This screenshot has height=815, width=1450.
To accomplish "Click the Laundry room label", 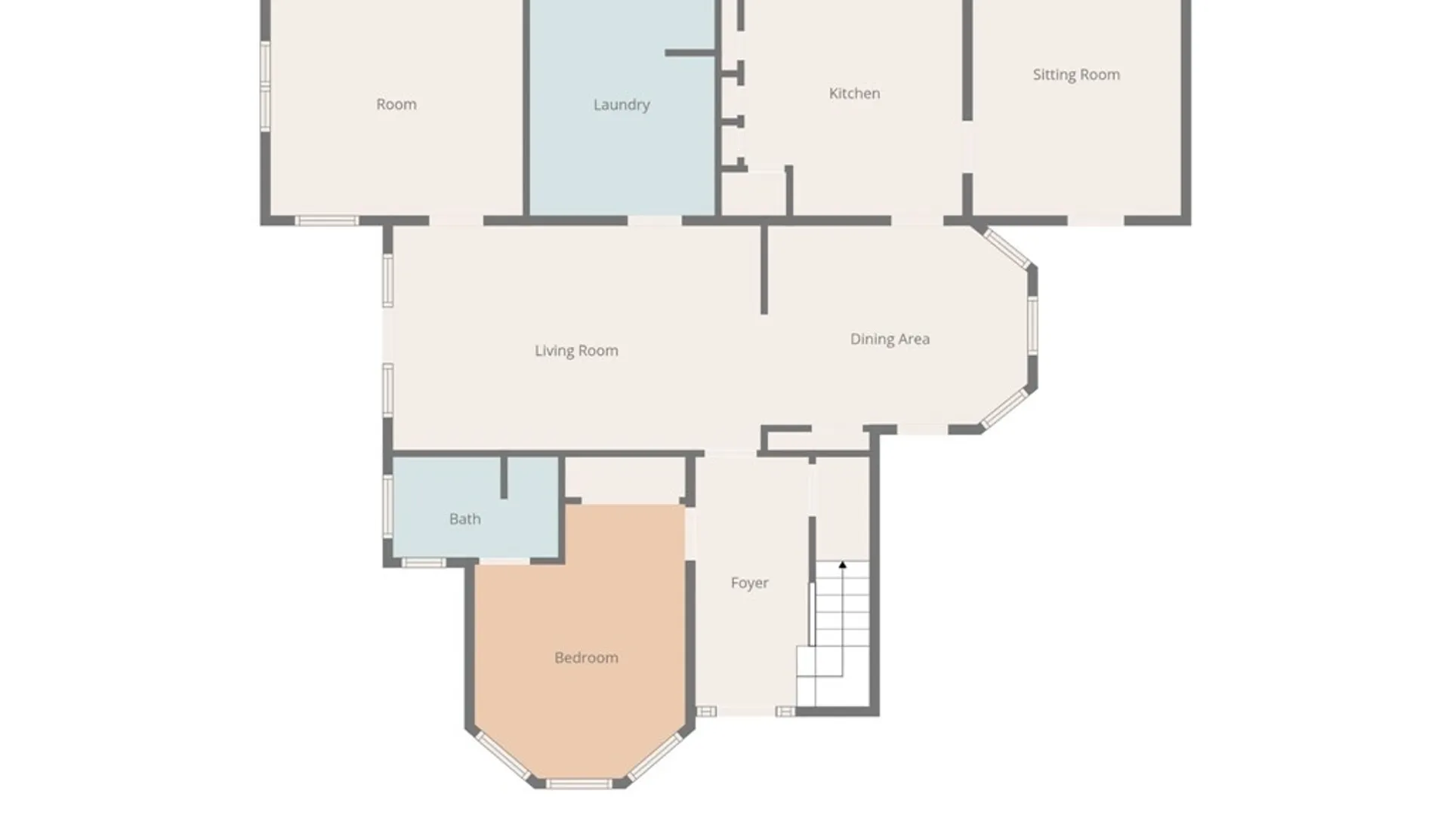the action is click(622, 105).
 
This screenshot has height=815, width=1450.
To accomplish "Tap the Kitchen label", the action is click(854, 94).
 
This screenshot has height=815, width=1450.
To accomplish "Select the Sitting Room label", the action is click(1076, 75).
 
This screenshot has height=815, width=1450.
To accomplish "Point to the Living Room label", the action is click(576, 351).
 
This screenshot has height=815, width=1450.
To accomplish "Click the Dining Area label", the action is click(890, 340).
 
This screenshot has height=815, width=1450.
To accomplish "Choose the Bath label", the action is click(464, 519).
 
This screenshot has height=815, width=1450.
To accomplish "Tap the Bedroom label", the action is click(586, 658).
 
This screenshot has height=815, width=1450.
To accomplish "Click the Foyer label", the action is click(749, 583).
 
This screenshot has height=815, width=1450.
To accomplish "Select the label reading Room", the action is click(396, 105).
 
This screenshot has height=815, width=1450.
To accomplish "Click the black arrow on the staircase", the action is click(842, 564).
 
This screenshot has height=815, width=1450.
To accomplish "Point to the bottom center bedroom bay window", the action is click(578, 784).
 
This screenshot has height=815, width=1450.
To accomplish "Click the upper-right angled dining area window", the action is click(1007, 248).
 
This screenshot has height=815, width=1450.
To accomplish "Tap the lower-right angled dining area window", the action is click(1004, 409).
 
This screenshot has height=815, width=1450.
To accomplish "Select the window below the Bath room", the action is click(423, 562).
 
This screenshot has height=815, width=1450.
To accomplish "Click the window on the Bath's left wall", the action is click(387, 506).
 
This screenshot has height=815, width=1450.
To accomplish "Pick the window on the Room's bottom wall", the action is click(326, 220).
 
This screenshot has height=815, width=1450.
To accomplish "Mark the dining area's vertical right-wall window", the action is click(1032, 325).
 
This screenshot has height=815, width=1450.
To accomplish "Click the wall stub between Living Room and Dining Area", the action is click(764, 269).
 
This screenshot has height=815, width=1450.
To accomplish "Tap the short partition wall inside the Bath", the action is click(504, 477).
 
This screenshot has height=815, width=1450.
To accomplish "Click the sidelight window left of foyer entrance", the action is click(706, 711).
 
